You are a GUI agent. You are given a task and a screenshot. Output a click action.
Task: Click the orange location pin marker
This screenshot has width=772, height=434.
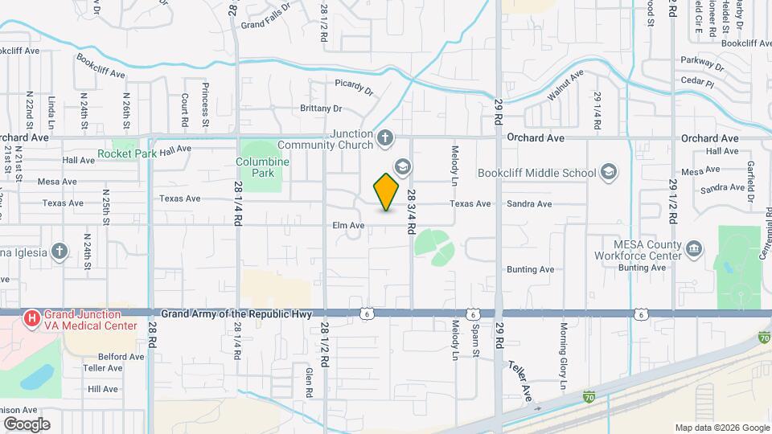(387, 191)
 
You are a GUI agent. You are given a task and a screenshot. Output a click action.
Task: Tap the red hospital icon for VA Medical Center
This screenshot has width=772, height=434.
(32, 319)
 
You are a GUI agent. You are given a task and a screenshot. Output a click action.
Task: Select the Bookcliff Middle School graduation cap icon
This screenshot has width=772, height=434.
(609, 173)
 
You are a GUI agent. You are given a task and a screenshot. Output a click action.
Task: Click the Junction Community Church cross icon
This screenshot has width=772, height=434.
(385, 138)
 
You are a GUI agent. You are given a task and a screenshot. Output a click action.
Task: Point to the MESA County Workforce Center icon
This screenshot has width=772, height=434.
(691, 250)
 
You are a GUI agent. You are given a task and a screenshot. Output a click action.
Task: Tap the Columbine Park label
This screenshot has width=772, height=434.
(262, 166)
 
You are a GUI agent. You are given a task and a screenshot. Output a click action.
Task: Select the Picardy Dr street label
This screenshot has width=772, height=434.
(354, 86)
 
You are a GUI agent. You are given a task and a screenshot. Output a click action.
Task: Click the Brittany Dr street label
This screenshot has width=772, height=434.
(321, 108)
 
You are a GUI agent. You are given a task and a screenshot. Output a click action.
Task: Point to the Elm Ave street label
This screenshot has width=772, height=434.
(348, 226)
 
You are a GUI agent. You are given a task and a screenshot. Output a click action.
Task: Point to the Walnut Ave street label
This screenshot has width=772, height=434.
(565, 87)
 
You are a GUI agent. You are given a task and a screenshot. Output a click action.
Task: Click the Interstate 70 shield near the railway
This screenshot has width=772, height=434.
(589, 396)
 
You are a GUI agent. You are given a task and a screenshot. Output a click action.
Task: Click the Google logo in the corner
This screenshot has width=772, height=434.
(27, 424)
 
